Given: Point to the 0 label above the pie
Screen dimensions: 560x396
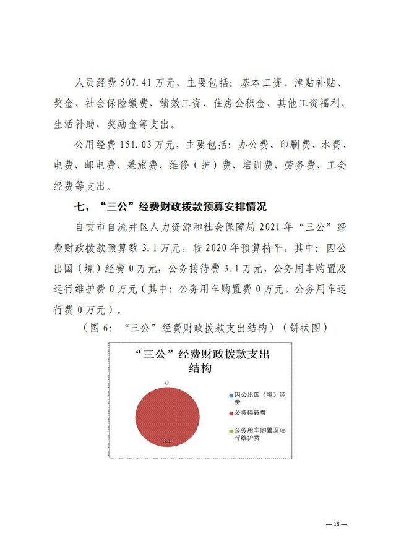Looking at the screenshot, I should click(x=167, y=383).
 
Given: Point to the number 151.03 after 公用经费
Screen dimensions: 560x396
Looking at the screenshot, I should click(x=137, y=145).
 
